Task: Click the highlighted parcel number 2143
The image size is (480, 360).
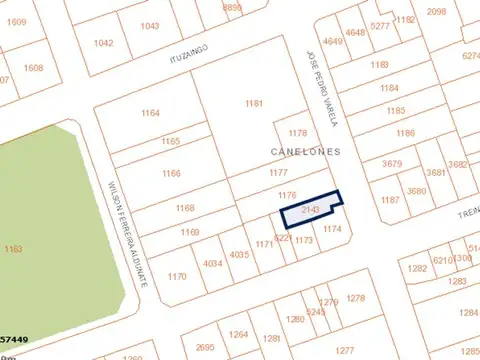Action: pyautogui.click(x=309, y=210)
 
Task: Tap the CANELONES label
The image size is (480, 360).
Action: pyautogui.click(x=305, y=152)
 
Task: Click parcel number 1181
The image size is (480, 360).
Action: pyautogui.click(x=253, y=104)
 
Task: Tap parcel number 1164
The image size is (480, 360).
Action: pyautogui.click(x=150, y=114)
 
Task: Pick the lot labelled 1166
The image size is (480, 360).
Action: pyautogui.click(x=171, y=174)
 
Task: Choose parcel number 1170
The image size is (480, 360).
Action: pyautogui.click(x=177, y=276)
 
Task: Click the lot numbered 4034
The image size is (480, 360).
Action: pyautogui.click(x=212, y=264)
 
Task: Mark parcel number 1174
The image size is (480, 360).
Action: pyautogui.click(x=333, y=229)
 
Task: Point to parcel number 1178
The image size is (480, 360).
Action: pyautogui.click(x=297, y=133)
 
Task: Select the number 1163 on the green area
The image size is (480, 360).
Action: pyautogui.click(x=14, y=248)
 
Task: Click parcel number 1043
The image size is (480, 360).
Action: pyautogui.click(x=150, y=26)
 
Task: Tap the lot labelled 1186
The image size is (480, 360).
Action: pyautogui.click(x=405, y=133)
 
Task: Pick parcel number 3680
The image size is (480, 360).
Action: pyautogui.click(x=416, y=191)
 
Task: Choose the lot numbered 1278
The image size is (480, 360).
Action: pyautogui.click(x=355, y=298)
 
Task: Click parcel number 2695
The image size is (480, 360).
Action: pyautogui.click(x=205, y=347)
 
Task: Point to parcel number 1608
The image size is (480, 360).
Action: pyautogui.click(x=34, y=68)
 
